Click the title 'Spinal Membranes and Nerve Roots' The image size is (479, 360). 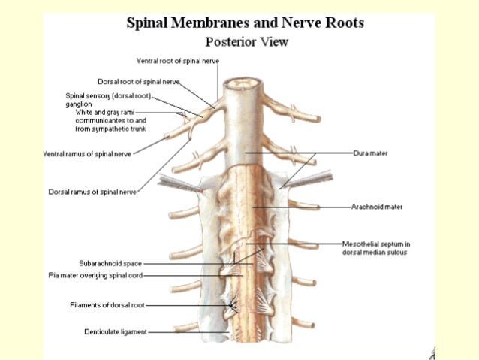tap(246, 23)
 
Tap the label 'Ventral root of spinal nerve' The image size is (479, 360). tap(177, 60)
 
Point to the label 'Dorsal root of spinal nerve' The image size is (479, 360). tap(140, 80)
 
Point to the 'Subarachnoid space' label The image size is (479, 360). tap(110, 263)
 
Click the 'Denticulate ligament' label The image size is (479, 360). tap(116, 331)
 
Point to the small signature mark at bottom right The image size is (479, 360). tap(434, 351)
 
